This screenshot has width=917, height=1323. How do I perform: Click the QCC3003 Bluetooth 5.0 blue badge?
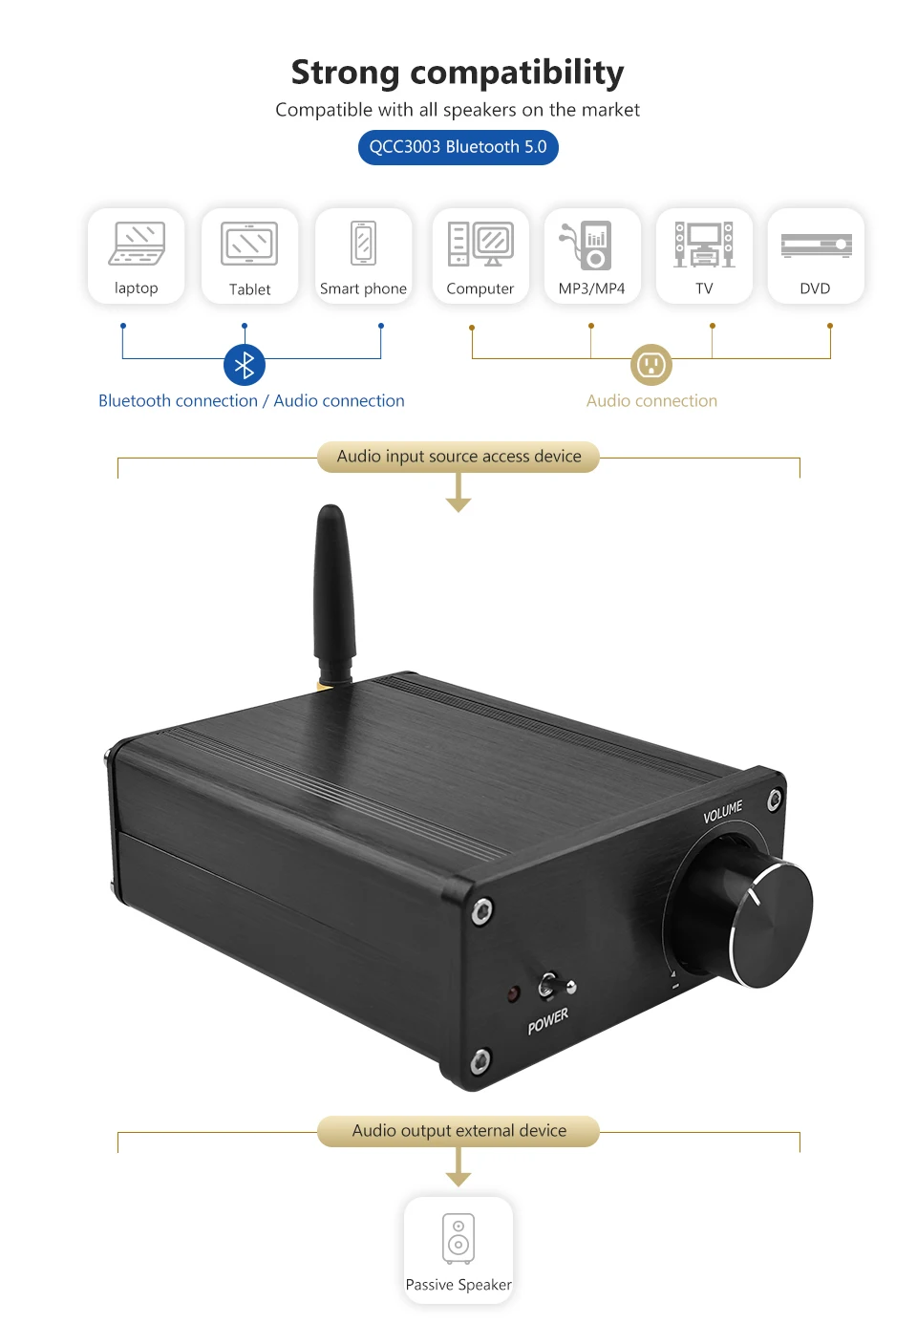[x=458, y=147]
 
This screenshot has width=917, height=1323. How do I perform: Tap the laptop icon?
[x=137, y=244]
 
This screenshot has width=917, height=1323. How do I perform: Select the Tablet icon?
[x=249, y=244]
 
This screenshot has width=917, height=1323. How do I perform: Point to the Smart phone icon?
[x=363, y=243]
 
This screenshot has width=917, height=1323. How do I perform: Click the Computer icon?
[x=480, y=244]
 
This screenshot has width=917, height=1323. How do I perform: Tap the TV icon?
[x=704, y=245]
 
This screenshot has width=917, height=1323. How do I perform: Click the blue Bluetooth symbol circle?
[x=245, y=364]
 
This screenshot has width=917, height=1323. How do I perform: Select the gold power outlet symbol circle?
[x=651, y=364]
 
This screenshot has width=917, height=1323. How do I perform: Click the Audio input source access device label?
[x=458, y=457]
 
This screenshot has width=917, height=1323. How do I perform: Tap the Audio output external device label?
[x=458, y=1131]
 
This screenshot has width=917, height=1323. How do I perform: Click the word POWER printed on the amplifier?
[x=547, y=1021]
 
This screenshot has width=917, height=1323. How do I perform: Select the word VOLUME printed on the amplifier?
[x=722, y=812]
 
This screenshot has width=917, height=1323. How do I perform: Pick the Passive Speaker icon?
[x=458, y=1239]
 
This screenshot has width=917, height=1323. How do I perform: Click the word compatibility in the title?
[x=517, y=74]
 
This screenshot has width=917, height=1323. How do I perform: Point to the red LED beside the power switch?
[x=513, y=993]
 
